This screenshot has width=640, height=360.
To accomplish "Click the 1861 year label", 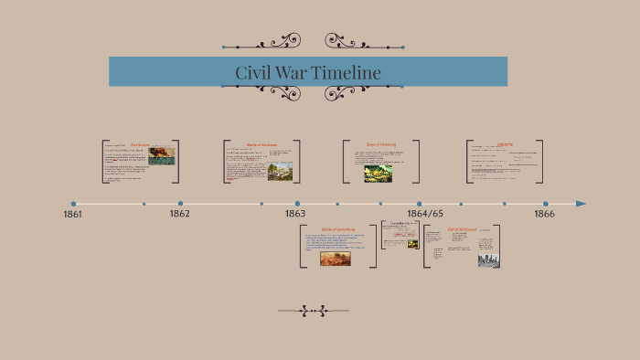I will (x=73, y=214).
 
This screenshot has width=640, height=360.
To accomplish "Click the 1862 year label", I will (x=179, y=213).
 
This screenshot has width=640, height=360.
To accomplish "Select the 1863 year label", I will (x=294, y=213).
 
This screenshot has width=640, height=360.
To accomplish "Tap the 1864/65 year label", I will (x=425, y=213).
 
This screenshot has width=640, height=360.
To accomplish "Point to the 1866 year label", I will (x=545, y=213).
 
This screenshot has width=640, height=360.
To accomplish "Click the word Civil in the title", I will (x=253, y=72).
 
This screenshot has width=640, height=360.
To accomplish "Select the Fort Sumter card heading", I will (x=140, y=144).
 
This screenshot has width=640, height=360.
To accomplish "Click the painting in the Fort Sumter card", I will (x=161, y=155).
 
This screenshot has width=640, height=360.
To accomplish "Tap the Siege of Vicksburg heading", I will (x=381, y=144).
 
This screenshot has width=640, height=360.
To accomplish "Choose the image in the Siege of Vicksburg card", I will (x=379, y=174).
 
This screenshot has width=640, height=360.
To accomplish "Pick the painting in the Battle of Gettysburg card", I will (x=335, y=258).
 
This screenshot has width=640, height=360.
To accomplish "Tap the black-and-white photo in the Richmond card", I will (x=488, y=259).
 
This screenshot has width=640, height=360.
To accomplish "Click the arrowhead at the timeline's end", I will (x=581, y=204).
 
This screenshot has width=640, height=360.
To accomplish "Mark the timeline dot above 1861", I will (x=73, y=204).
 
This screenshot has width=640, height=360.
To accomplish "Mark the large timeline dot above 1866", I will (x=546, y=204).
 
